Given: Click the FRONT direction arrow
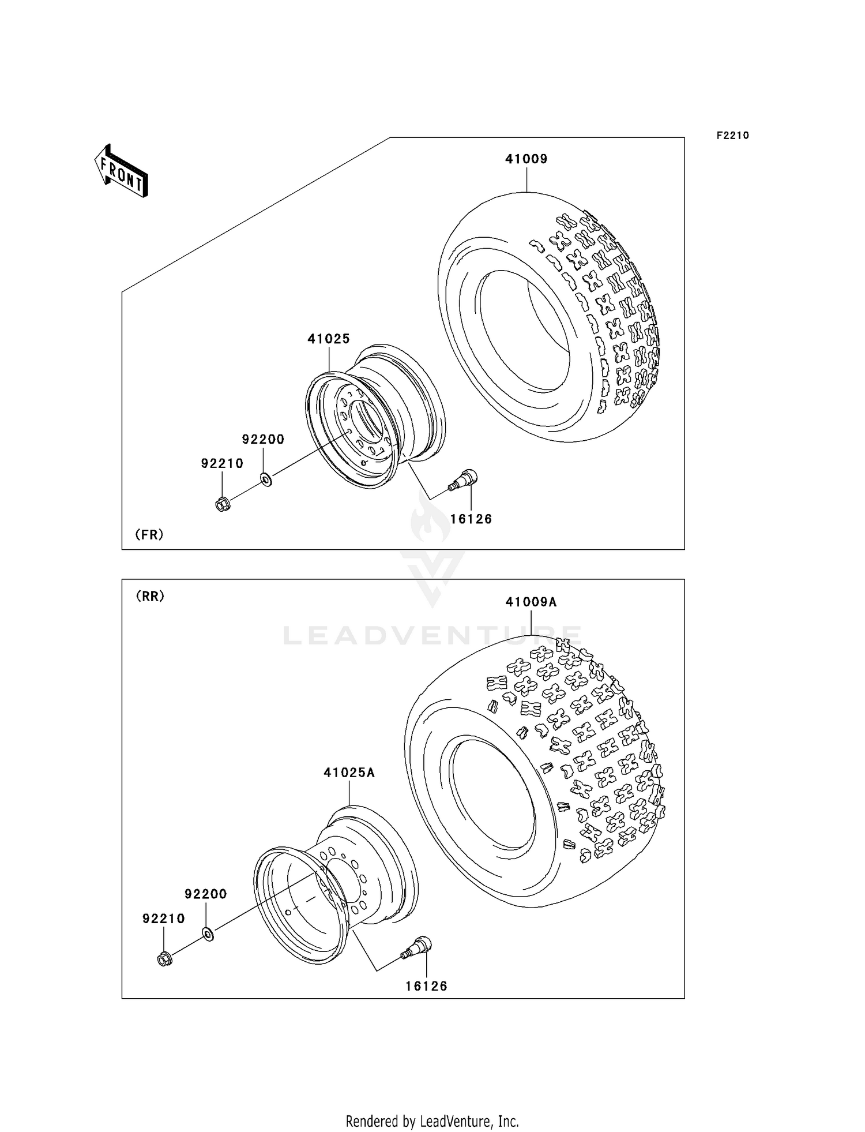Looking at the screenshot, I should pos(122,172).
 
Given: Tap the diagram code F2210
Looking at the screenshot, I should pos(732,136).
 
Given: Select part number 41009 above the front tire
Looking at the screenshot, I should pos(526,159).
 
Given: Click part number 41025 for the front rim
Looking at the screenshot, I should pos(329,339).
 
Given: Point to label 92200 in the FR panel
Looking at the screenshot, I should pos(263,439).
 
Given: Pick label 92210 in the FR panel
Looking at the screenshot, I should pos(222,463).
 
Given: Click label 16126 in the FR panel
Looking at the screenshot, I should pos(471,519).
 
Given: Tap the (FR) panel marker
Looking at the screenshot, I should pos(149,534).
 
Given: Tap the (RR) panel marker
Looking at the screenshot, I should pos(150,596).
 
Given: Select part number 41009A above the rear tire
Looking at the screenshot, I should pos(531,602).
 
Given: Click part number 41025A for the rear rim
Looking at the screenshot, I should pos(349,772).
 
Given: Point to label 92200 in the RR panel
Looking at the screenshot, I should pos(206,894).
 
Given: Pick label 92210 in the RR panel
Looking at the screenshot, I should pos(164,919).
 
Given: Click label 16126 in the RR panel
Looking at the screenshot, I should pos(426,986).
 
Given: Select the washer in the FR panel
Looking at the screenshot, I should pos(266,479).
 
